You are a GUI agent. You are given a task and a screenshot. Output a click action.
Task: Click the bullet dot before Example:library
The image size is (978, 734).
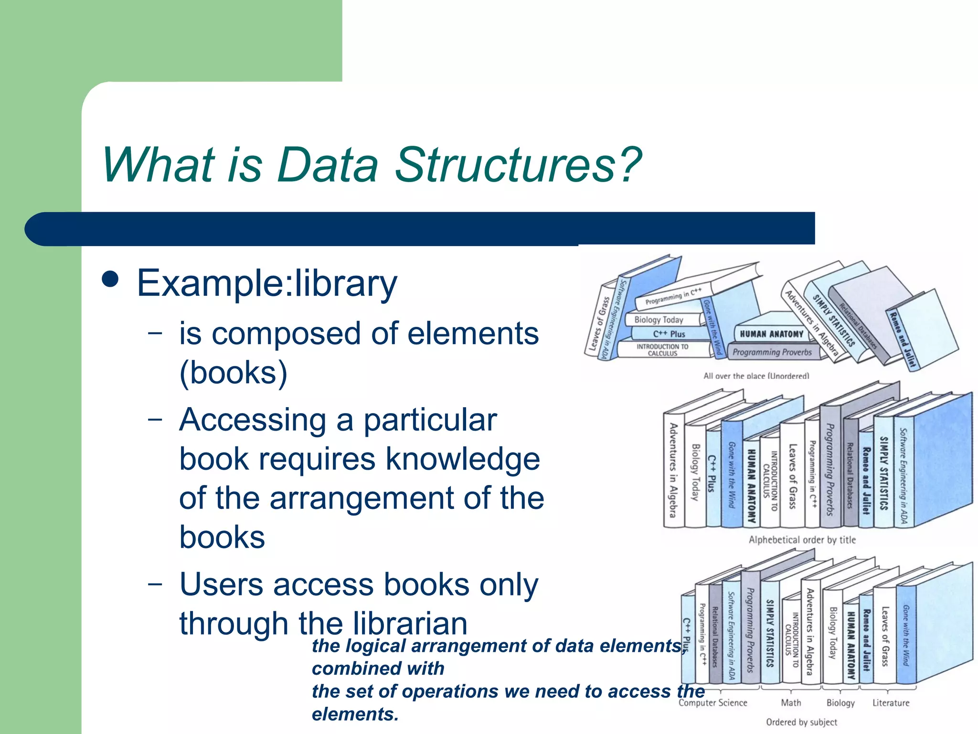click(111, 280)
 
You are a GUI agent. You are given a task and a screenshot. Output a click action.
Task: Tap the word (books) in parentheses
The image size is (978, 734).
click(234, 373)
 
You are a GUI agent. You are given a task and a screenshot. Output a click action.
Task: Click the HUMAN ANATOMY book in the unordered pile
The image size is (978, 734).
click(771, 334)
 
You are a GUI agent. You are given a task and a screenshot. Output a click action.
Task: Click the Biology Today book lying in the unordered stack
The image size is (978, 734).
click(659, 320)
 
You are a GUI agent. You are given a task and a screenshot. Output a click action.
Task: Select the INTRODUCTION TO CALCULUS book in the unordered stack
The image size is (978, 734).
click(662, 350)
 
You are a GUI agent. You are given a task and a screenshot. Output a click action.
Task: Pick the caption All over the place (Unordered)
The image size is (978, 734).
click(756, 376)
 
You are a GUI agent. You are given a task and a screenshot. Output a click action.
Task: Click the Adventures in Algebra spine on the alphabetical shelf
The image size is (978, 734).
click(673, 471)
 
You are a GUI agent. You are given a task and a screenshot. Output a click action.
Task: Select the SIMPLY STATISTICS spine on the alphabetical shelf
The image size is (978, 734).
click(883, 473)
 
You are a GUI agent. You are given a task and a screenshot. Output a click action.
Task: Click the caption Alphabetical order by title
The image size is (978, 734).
click(802, 540)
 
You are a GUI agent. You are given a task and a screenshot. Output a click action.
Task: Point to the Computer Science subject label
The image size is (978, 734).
click(712, 703)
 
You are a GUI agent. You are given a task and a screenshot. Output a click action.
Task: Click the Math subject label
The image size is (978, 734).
click(791, 703)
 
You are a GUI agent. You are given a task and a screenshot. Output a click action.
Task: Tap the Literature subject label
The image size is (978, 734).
click(891, 703)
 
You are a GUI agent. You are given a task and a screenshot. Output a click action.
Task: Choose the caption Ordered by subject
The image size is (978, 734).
click(801, 722)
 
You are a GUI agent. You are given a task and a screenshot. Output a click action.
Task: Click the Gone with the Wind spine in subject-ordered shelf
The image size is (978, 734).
click(906, 636)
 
